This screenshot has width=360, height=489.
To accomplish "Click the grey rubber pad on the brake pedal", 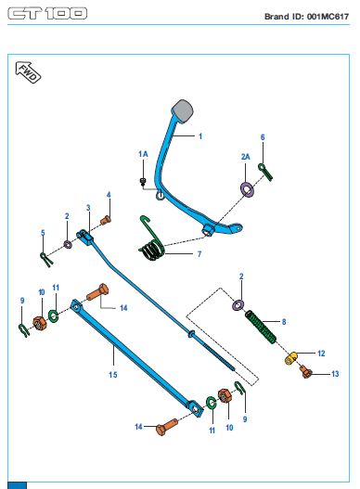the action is pos(183,110).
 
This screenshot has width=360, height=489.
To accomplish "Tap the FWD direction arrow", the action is pos(28,72).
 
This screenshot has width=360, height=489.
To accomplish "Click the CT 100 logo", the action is pos(47,13).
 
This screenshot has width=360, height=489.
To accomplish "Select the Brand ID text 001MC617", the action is pos(328,16).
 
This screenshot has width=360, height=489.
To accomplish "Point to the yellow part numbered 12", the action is pos(290,358).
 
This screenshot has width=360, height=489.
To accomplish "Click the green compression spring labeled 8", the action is pos(261,328).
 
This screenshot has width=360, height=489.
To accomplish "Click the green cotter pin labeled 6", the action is pos(265,172).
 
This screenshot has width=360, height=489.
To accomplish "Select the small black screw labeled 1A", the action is pos(143,182).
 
